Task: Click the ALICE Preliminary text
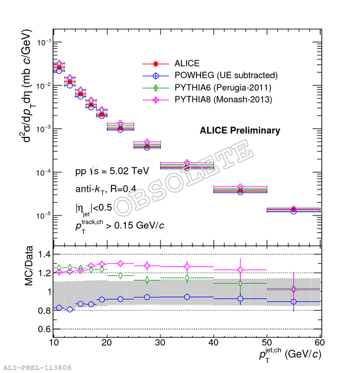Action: [240, 130]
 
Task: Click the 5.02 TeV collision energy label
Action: [112, 171]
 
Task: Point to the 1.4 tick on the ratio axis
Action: [44, 254]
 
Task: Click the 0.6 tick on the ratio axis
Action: [44, 329]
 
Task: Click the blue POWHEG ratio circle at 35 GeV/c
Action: [187, 297]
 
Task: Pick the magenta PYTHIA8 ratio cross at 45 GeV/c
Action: [240, 270]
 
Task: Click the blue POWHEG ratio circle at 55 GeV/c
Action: [294, 301]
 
